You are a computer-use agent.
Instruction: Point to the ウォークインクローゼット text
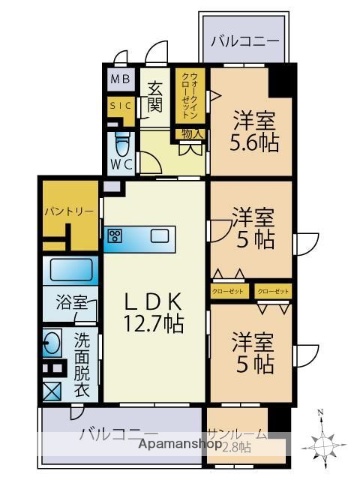click(189, 96)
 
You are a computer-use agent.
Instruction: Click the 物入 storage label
click(192, 133)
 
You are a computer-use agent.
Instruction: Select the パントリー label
click(68, 211)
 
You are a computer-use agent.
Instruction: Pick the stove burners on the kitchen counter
click(114, 237)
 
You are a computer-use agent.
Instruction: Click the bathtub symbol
click(68, 271)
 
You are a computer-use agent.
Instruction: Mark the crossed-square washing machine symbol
click(52, 391)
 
